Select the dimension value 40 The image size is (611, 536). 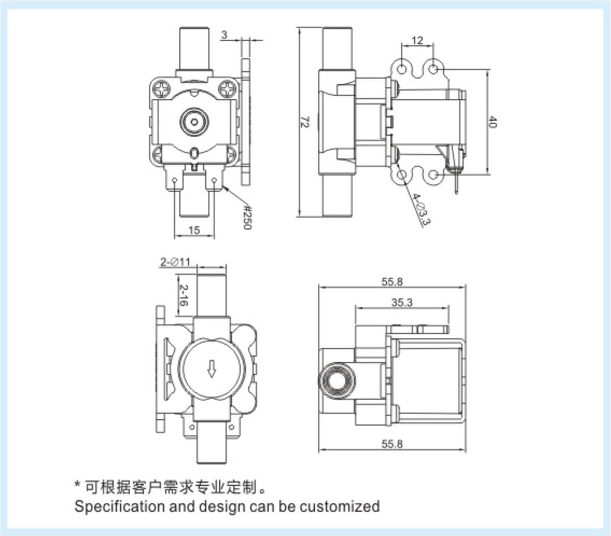492,122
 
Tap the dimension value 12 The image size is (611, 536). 417,40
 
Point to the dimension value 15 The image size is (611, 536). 194,230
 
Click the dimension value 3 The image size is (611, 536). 224,35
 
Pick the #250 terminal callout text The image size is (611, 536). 247,217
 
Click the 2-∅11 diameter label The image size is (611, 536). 175,262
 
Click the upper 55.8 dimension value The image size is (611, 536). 392,281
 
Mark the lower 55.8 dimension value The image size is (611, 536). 392,444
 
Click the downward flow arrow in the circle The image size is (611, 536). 212,369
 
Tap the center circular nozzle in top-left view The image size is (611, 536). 193,122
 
